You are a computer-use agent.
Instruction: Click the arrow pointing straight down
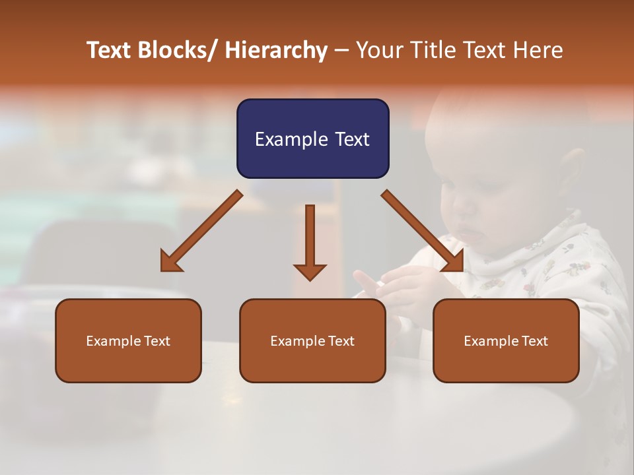(310, 241)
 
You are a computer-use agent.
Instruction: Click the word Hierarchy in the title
(276, 50)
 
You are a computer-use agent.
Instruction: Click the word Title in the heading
(433, 50)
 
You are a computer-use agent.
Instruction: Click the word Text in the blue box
(351, 139)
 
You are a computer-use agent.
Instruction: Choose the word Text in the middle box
(340, 341)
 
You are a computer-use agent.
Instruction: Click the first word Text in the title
(110, 50)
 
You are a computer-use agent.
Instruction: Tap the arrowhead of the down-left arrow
(170, 263)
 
